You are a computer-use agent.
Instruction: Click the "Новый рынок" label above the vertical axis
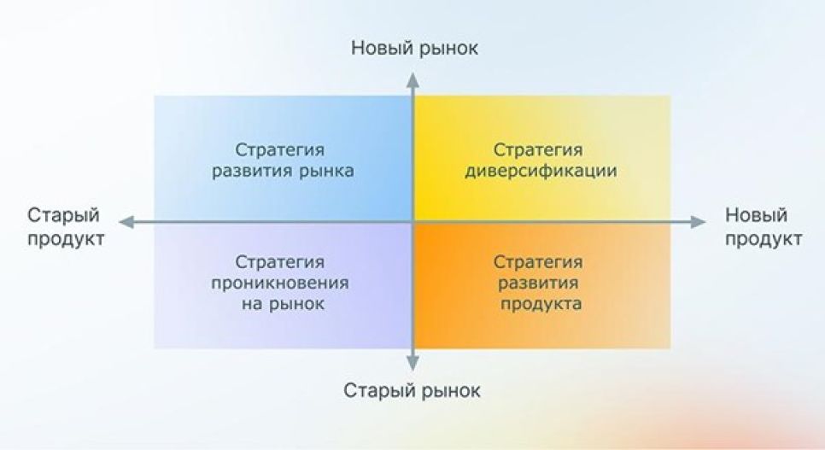[414, 49]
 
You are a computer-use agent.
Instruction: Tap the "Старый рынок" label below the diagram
[412, 391]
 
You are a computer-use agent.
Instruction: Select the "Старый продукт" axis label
[65, 226]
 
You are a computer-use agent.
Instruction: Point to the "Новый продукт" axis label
[764, 226]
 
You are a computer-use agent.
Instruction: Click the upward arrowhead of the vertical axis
[413, 79]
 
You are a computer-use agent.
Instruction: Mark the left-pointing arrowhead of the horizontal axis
[125, 222]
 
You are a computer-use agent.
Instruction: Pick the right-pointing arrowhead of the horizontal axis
[699, 222]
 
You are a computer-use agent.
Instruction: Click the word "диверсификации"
[541, 171]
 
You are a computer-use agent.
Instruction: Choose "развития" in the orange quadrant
[538, 283]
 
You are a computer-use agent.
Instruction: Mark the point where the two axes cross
[413, 222]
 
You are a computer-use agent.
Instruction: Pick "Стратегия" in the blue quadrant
[281, 150]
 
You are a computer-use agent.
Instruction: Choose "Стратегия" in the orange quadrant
[538, 261]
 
